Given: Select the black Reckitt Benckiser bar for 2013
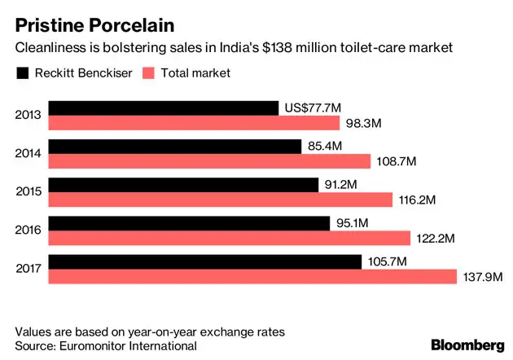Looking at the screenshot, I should pos(164,108).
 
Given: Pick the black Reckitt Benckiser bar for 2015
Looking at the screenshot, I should pos(183,185).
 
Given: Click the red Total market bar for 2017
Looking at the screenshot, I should pos(252,277).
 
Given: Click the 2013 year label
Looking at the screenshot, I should pos(28,115).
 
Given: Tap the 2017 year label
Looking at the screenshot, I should pos(28,270).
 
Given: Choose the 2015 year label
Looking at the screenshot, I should pos(28,192).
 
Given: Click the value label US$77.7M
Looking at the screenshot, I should pos(313,108).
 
